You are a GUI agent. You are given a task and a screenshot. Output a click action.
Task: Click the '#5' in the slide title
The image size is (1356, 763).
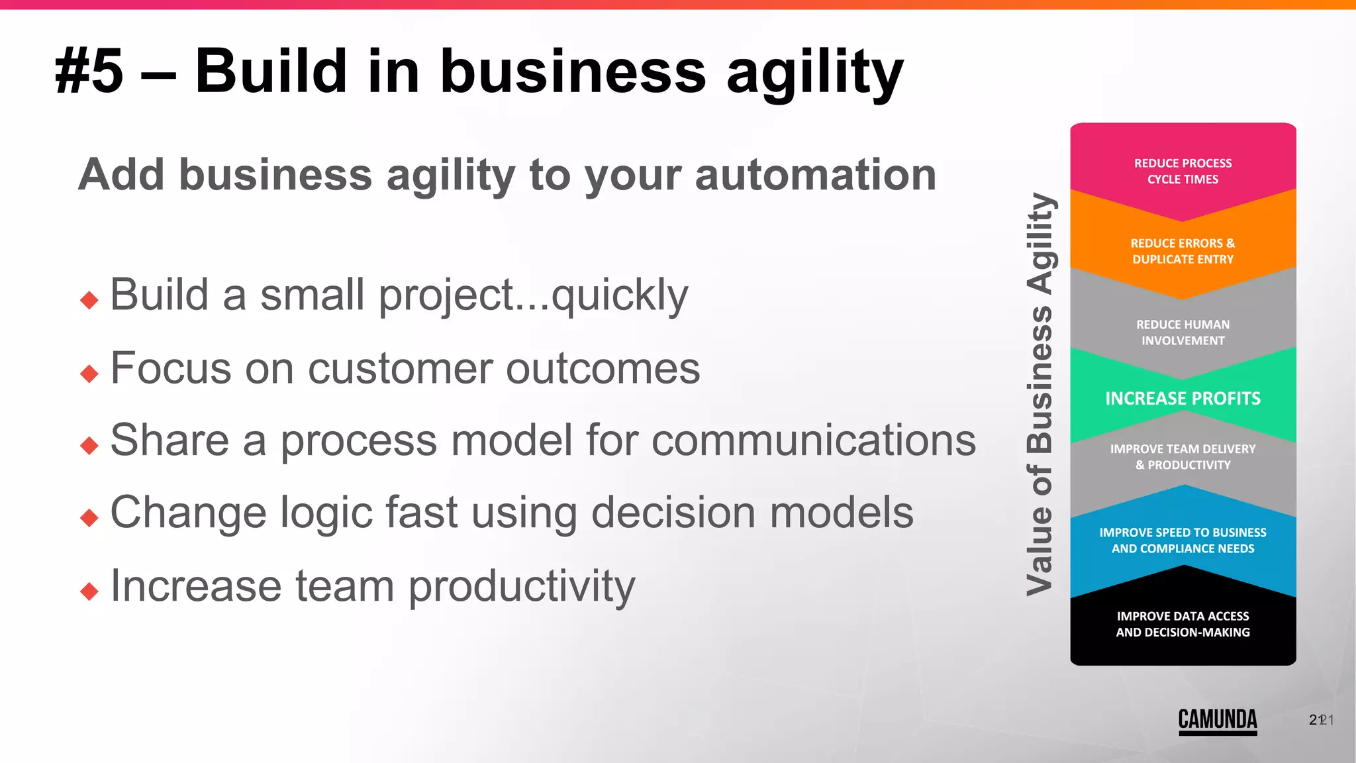[x=89, y=72]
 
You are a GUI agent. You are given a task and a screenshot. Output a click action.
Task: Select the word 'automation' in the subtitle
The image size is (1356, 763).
[x=816, y=175]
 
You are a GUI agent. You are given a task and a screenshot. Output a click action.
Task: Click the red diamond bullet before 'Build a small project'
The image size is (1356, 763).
[x=89, y=300]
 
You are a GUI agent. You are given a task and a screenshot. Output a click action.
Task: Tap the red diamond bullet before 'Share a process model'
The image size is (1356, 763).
[x=89, y=445]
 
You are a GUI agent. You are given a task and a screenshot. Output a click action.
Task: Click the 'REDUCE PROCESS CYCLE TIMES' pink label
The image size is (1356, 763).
[x=1183, y=171]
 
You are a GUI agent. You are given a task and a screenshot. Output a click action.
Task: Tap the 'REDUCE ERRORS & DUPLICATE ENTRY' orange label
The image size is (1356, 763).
[x=1183, y=251]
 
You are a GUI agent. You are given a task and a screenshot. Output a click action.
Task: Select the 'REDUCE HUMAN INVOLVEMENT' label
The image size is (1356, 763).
[x=1183, y=332]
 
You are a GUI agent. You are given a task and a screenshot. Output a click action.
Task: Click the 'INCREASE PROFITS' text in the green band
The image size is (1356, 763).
[x=1183, y=398]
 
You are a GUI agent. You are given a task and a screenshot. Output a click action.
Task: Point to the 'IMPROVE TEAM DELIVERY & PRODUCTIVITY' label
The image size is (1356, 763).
[x=1183, y=457]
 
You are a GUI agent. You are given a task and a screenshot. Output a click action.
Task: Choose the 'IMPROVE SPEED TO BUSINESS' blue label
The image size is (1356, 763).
[x=1183, y=540]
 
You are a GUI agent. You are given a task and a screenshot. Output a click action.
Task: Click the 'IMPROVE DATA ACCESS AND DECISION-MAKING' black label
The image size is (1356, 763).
[x=1183, y=624]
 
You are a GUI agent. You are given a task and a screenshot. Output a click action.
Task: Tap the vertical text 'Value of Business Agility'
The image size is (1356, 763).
[x=1040, y=394]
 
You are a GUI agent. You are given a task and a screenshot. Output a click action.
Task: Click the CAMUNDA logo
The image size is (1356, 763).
[x=1217, y=721]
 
